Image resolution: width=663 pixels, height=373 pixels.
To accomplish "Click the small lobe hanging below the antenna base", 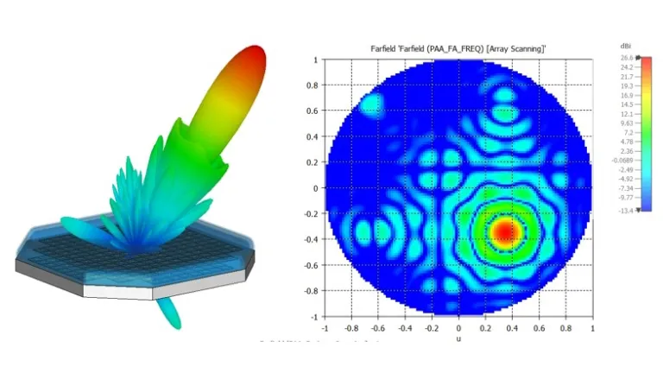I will tap(171, 310).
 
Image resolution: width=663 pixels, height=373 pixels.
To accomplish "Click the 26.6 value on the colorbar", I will tap(625, 57).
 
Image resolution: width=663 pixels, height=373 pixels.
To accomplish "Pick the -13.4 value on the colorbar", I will tap(625, 210).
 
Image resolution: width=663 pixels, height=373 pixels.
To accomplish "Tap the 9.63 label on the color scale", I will tap(626, 123).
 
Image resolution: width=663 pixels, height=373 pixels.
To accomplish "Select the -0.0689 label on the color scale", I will tap(622, 161).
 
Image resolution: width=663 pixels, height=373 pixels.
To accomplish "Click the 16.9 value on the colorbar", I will tap(626, 95).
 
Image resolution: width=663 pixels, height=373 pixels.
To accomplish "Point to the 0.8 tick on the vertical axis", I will tap(315, 85).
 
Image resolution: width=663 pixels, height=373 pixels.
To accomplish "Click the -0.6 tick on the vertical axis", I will tap(313, 265).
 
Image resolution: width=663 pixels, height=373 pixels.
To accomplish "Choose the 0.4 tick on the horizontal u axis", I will tap(512, 328).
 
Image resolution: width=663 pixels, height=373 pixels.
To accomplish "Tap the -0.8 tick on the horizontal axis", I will tap(351, 328).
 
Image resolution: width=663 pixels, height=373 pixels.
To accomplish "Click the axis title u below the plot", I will tap(458, 339).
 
